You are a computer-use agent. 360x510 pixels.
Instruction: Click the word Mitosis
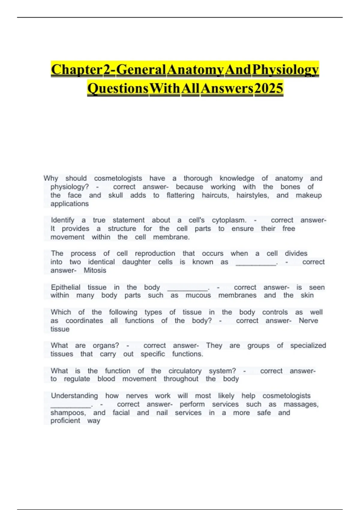95,270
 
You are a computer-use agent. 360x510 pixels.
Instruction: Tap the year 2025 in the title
268,88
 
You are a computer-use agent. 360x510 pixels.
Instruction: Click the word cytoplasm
229,220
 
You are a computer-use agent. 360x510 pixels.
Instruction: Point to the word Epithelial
65,287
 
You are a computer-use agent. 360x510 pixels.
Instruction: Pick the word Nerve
308,320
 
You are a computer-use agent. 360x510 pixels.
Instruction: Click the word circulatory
185,371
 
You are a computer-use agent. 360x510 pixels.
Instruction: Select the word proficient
65,421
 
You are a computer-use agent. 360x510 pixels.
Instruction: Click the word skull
115,195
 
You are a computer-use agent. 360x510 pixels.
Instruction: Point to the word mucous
198,295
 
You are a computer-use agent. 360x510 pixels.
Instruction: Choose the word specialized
308,345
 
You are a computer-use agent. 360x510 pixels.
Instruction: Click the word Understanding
74,396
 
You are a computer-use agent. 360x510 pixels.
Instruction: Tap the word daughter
136,262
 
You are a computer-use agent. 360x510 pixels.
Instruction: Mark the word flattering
180,195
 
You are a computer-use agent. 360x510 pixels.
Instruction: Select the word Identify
62,220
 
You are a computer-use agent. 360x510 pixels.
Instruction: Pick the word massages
301,404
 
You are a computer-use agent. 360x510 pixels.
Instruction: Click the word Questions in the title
118,88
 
